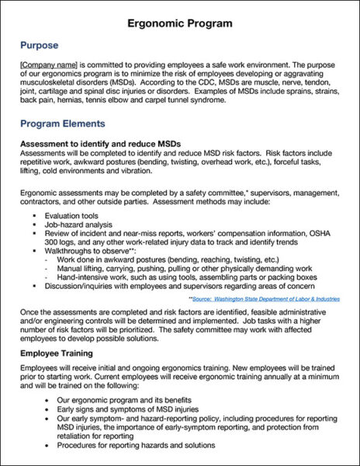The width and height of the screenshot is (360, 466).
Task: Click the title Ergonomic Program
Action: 180,23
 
